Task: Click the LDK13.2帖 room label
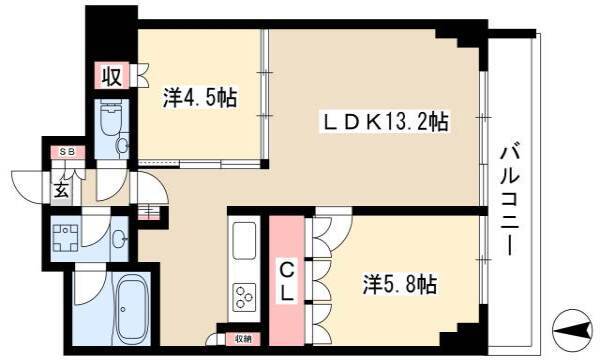tap(385, 122)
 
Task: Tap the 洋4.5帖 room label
tap(199, 98)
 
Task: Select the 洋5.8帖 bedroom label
tap(400, 284)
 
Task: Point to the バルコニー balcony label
tap(510, 199)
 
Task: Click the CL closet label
tap(287, 282)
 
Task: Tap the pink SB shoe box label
tap(68, 152)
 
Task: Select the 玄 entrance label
tap(62, 189)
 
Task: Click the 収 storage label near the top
tap(112, 75)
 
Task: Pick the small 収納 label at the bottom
tap(243, 339)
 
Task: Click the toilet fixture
tap(111, 117)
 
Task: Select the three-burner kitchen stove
tap(244, 297)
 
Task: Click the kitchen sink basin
tap(244, 240)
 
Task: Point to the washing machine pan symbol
tap(65, 238)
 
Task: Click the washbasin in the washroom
tap(119, 238)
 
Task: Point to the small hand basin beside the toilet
tap(122, 145)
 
